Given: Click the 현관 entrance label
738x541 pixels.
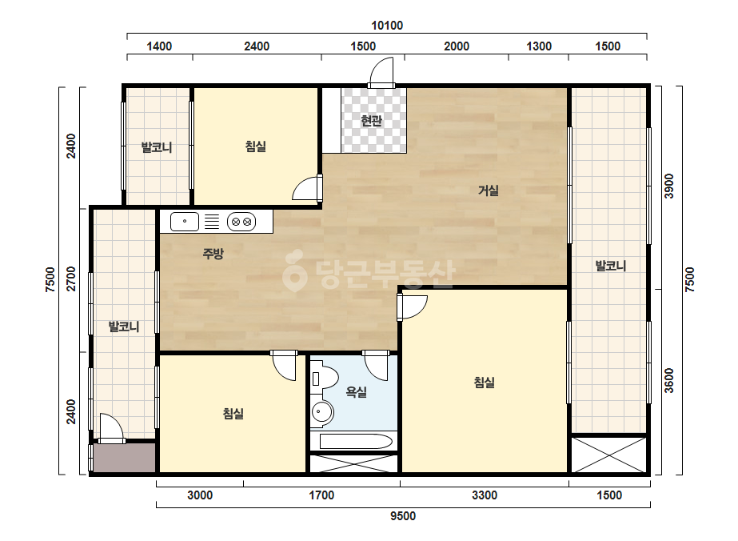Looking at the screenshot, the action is [x=371, y=121].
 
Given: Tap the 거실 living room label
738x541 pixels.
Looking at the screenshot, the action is [x=489, y=190].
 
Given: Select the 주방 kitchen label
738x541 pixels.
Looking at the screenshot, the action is [x=213, y=254].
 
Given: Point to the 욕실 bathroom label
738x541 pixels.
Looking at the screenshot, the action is [x=357, y=391].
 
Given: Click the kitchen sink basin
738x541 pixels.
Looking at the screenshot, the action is [x=185, y=222].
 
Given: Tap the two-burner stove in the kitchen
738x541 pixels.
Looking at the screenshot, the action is [x=241, y=222].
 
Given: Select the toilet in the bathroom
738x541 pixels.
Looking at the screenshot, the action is [x=324, y=379].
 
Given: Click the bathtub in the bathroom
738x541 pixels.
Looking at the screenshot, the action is [x=356, y=442].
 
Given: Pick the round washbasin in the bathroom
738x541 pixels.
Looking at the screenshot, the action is [x=321, y=412].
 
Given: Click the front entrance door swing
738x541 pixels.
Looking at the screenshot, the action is [x=381, y=72].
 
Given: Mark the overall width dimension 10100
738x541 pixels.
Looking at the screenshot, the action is [x=387, y=26].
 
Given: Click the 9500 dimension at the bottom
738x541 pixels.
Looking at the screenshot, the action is [x=403, y=516].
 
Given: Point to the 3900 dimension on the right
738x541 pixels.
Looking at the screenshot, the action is [x=668, y=186].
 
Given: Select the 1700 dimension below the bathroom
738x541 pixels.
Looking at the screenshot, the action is [x=321, y=495].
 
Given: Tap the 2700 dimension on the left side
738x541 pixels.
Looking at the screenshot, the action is [x=70, y=279].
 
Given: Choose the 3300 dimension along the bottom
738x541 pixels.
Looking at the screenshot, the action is [x=485, y=495].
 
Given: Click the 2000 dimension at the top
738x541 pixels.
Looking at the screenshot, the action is [x=457, y=46].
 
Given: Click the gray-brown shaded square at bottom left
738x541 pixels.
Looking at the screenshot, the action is [x=124, y=458].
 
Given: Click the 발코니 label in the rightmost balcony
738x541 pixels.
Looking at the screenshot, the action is [x=611, y=266].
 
